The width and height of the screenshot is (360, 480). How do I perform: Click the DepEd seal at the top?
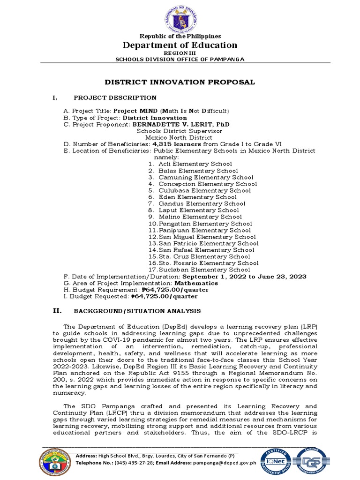click(x=180, y=17)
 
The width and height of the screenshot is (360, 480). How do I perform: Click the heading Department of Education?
click(x=180, y=45)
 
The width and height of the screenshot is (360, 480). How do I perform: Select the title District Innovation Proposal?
click(x=180, y=82)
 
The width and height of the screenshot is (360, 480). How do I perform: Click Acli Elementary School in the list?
click(x=195, y=164)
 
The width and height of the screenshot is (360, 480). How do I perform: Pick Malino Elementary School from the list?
click(x=200, y=217)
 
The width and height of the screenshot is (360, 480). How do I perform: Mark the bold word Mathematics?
click(x=196, y=283)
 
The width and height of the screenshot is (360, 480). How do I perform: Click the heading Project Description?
click(x=115, y=97)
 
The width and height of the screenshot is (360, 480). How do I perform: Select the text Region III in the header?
click(x=180, y=53)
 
